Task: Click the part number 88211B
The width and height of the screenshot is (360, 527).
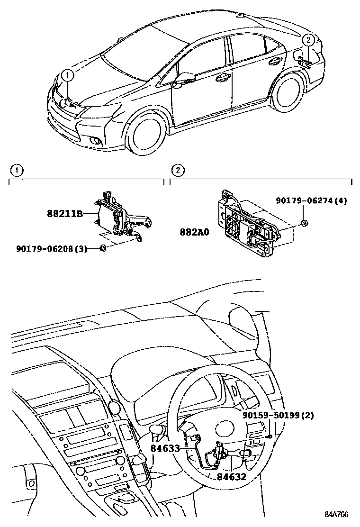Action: [x=65, y=214]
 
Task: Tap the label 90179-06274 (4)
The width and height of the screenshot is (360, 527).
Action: [x=312, y=200]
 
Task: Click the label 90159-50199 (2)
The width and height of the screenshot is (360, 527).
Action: [x=278, y=416]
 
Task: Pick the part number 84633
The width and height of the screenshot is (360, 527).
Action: [x=165, y=447]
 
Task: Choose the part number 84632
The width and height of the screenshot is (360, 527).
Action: [x=232, y=477]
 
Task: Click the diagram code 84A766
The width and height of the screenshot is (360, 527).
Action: [x=336, y=515]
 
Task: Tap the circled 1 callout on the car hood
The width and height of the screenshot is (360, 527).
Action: [x=68, y=74]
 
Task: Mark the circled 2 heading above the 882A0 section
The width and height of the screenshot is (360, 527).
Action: [x=177, y=170]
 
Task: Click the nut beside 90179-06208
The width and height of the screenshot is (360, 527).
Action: [x=103, y=248]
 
